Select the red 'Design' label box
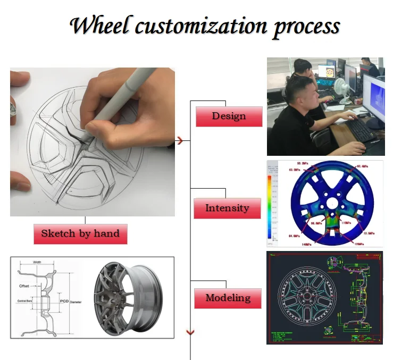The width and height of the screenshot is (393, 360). click(x=229, y=116)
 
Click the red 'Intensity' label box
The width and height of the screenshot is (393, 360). click(x=227, y=208)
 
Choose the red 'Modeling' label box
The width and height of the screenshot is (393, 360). click(x=227, y=298)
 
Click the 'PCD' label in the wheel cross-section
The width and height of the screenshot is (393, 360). click(x=64, y=301)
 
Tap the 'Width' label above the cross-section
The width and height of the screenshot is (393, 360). click(x=37, y=262)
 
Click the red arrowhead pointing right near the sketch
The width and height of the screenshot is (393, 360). click(x=181, y=141)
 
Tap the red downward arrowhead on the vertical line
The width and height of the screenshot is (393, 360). click(x=190, y=332)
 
